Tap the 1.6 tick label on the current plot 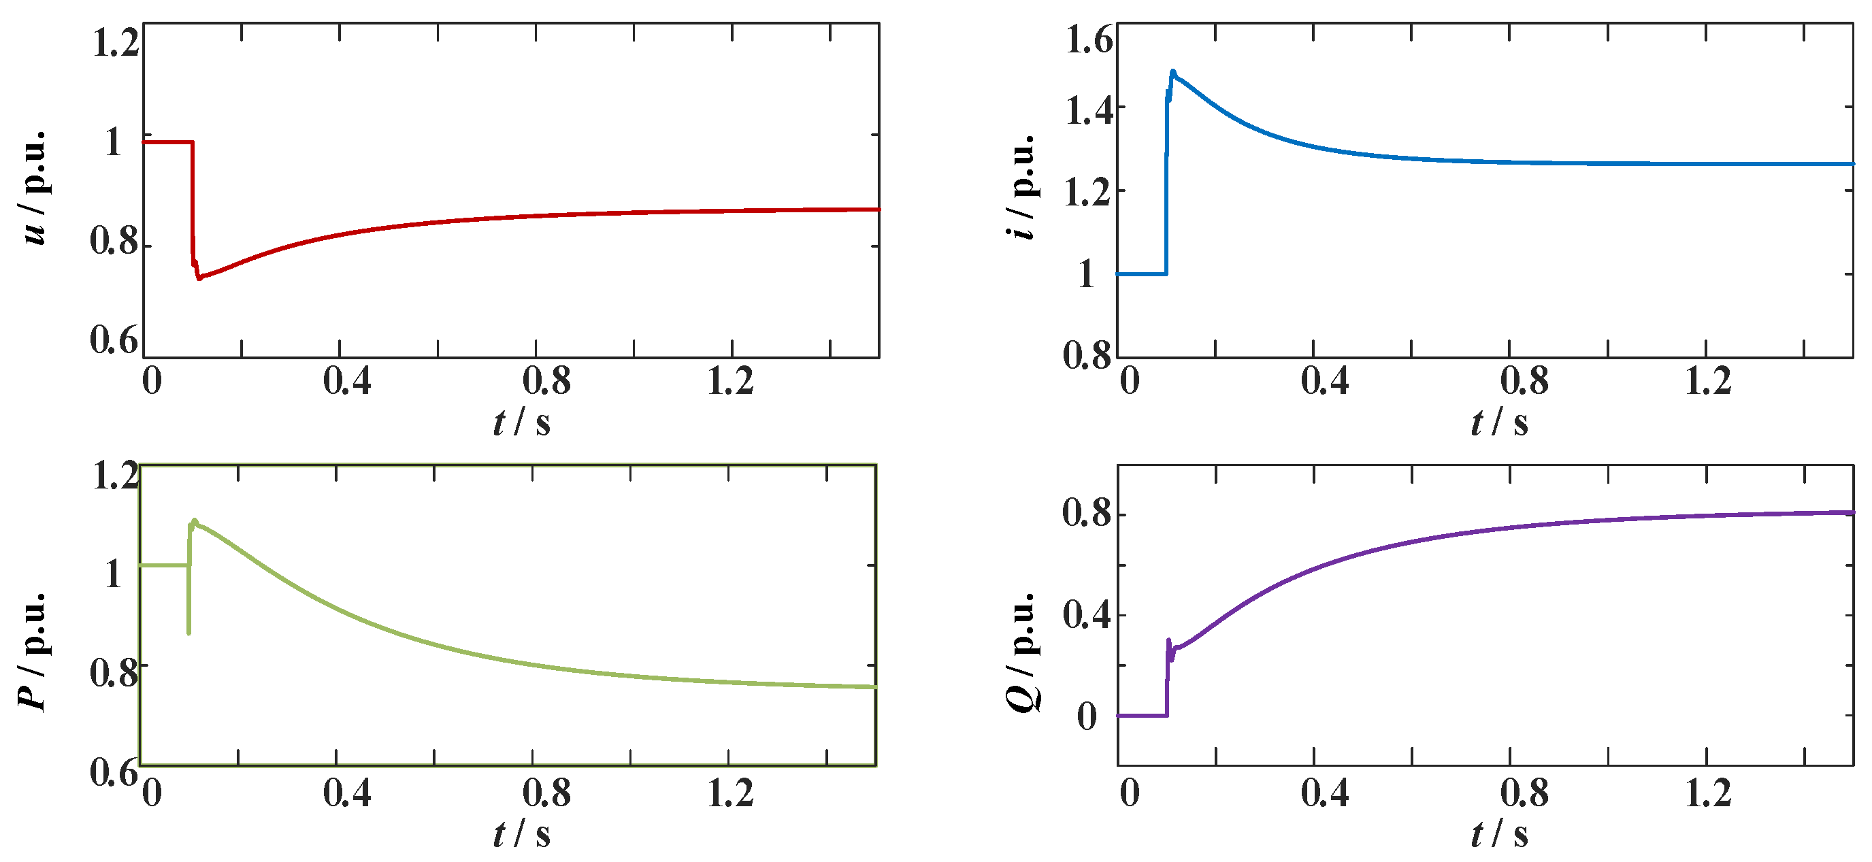pos(1088,39)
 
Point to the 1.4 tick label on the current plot pos(1088,110)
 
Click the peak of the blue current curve pos(1172,72)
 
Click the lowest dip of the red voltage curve pos(199,278)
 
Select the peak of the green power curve pos(194,520)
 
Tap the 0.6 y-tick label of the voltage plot pos(114,339)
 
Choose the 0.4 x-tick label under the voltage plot pos(346,381)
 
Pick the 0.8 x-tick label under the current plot pos(1524,381)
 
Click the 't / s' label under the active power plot pos(521,833)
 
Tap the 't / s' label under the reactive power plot pos(1498,833)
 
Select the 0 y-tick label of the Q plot pos(1087,716)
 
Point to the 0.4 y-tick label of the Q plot pos(1087,616)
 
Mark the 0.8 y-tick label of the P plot pos(114,673)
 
